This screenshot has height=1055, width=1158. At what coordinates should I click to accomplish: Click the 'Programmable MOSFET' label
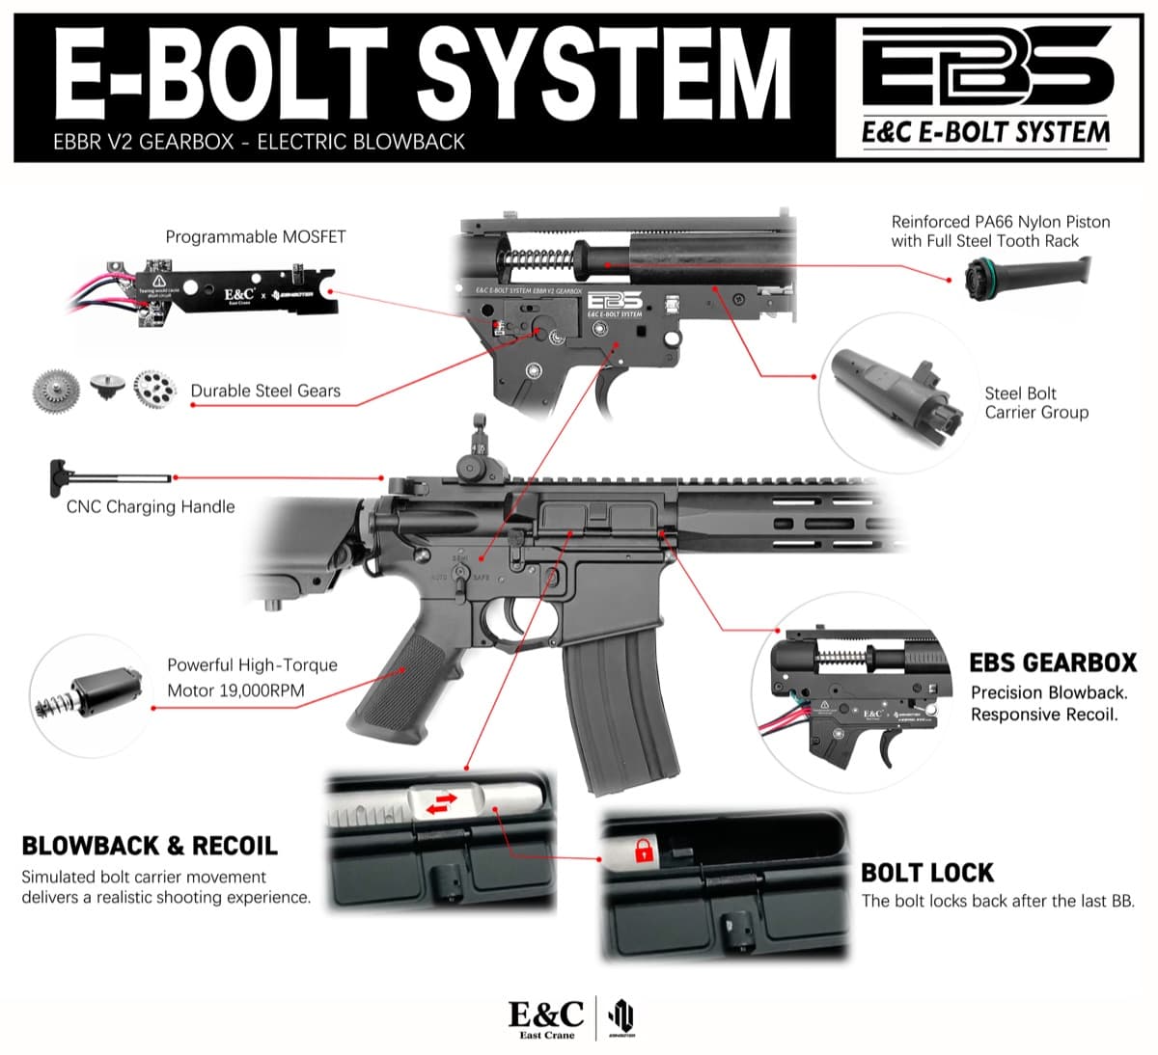(x=255, y=236)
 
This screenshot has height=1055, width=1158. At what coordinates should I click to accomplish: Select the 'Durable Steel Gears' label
(x=265, y=391)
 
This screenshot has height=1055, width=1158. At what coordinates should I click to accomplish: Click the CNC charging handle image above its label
(x=106, y=476)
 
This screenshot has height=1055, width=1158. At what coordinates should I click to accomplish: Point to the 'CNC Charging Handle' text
(x=151, y=507)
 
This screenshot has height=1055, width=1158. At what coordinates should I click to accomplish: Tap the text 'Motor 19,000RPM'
(x=235, y=690)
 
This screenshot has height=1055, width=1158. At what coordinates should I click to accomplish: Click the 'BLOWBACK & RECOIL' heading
(x=150, y=846)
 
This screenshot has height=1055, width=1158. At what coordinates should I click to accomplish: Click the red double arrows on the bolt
(x=442, y=803)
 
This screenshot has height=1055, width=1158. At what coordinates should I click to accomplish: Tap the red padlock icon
(x=642, y=850)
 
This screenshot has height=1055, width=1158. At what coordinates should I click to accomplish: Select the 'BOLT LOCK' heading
(x=926, y=873)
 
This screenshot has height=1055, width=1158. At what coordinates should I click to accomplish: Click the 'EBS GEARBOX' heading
(x=1053, y=663)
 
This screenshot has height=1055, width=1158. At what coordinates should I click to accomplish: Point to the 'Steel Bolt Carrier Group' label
(x=1035, y=403)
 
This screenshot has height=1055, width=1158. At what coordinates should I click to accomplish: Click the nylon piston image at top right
(x=1028, y=274)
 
